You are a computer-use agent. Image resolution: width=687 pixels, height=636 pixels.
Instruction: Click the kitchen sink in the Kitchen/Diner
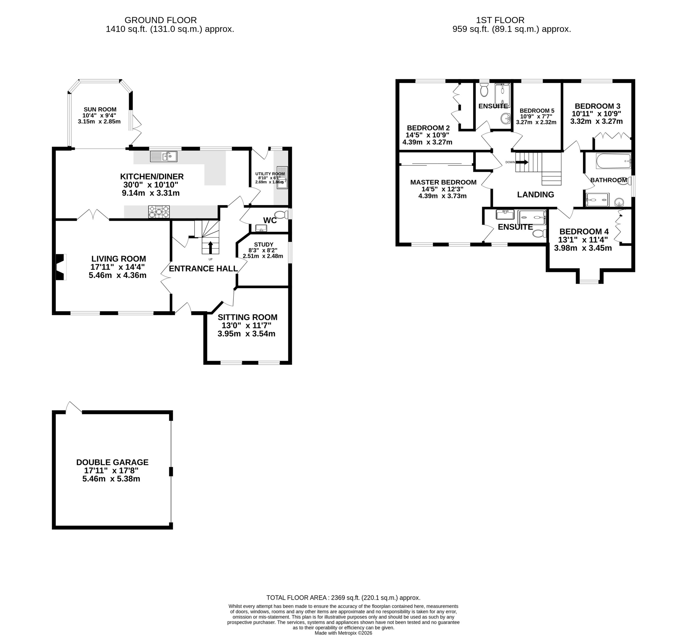point(164,157)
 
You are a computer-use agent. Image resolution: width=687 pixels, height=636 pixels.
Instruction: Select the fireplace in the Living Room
point(61,267)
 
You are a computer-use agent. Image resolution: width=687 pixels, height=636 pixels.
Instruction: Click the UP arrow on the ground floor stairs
point(210,248)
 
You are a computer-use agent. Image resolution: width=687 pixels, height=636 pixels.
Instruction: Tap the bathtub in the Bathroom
point(613,161)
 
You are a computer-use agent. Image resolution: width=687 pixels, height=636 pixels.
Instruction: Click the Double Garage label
point(112,462)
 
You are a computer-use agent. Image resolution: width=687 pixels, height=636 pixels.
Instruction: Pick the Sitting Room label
point(247,317)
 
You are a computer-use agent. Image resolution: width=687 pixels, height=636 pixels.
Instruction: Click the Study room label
point(264,244)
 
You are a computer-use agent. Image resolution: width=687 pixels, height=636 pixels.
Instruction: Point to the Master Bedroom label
point(443,182)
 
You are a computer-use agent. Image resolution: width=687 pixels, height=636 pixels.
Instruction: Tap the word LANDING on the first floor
point(535,194)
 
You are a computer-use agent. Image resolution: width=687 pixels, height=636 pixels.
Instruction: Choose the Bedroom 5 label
point(537,110)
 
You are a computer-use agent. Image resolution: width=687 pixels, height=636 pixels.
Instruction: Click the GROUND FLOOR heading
point(160,20)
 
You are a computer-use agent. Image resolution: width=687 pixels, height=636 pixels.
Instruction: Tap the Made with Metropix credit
point(343,633)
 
